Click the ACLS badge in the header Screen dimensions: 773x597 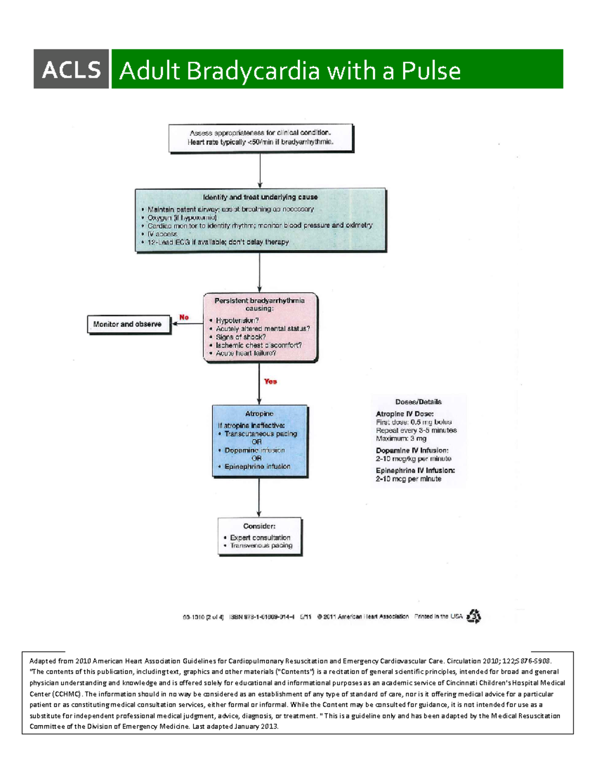[x=71, y=69]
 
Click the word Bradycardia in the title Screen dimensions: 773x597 [x=253, y=71]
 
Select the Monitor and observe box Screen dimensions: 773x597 [x=129, y=324]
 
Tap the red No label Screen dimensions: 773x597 [x=184, y=317]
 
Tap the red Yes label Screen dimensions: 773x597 [x=271, y=381]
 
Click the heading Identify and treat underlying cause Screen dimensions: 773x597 [x=260, y=197]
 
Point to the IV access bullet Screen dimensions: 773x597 [x=162, y=234]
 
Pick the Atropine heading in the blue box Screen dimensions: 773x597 [x=259, y=414]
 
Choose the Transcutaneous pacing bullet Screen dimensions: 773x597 [x=260, y=434]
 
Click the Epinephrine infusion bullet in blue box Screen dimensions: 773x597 [x=257, y=466]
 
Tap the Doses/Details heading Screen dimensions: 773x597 [x=418, y=402]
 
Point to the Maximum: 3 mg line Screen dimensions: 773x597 [x=401, y=439]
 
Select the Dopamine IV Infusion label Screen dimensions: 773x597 [x=412, y=450]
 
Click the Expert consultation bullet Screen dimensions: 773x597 [x=260, y=538]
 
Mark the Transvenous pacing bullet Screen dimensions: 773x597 [x=261, y=546]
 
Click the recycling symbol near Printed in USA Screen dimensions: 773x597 [x=474, y=616]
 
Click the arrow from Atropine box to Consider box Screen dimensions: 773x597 [x=259, y=498]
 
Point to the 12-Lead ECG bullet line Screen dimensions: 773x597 [x=218, y=242]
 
